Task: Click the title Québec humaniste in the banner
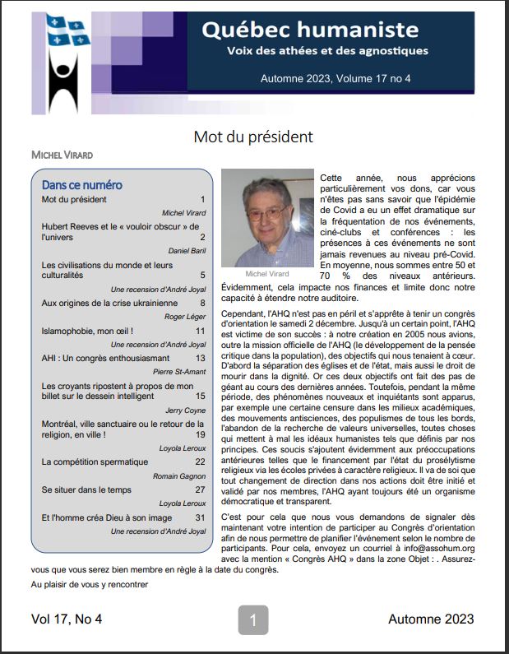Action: click(x=322, y=30)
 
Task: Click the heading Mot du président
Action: click(x=253, y=137)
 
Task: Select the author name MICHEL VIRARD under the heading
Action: click(x=62, y=155)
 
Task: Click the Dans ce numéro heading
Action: click(x=81, y=184)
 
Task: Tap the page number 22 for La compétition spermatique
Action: click(x=200, y=462)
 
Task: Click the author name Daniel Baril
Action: click(x=187, y=250)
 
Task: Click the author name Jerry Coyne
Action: click(x=187, y=410)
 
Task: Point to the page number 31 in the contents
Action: click(x=200, y=517)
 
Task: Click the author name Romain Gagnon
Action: click(x=181, y=476)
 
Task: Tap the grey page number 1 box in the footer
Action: click(x=253, y=619)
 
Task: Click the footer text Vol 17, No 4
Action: click(x=67, y=619)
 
